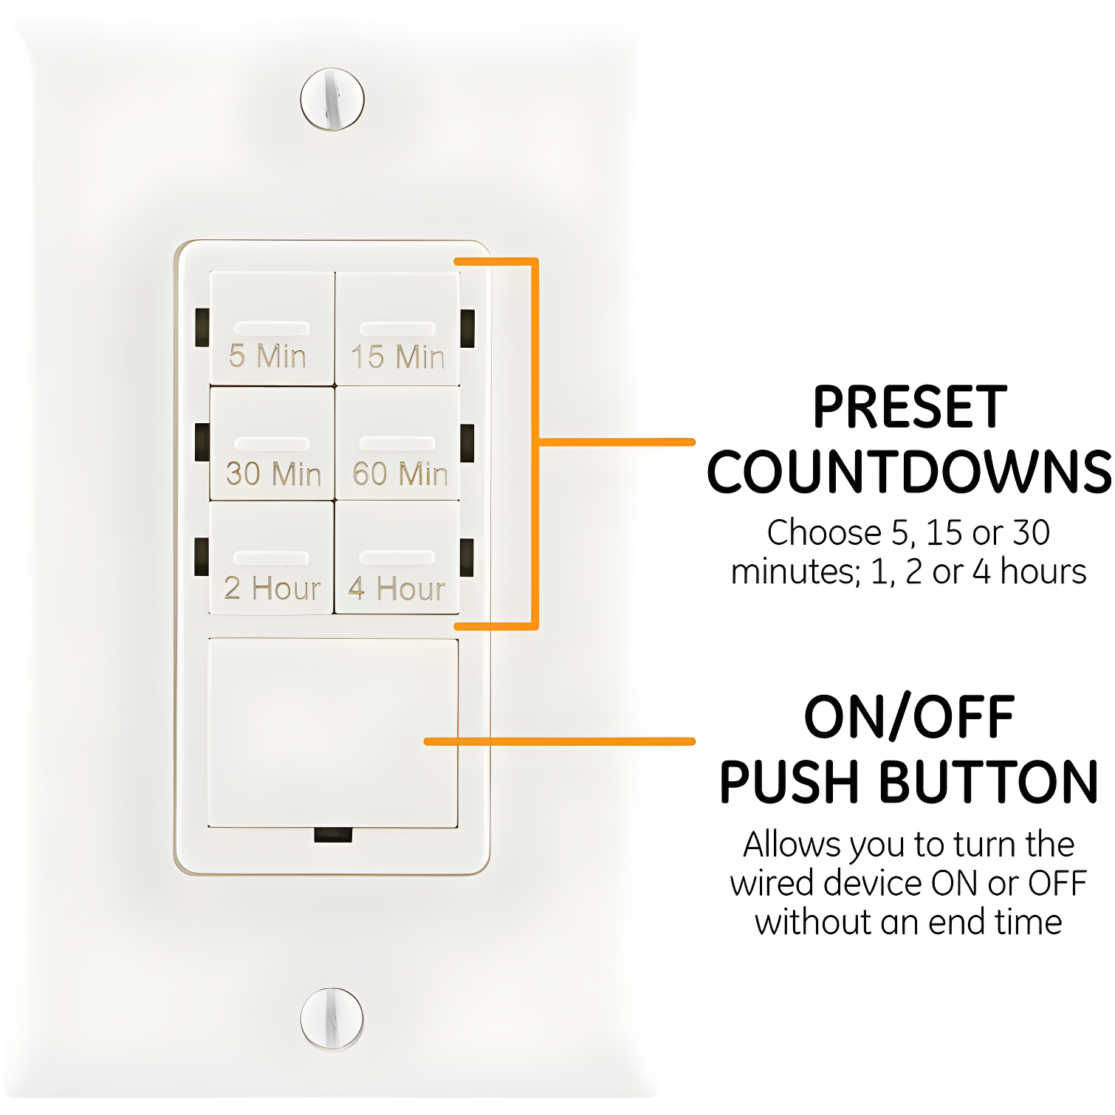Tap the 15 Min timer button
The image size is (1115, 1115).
point(397,329)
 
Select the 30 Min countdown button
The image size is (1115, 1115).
point(272,444)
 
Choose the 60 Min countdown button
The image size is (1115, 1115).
point(397,444)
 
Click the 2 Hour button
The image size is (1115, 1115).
point(272,558)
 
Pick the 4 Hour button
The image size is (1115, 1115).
point(397,558)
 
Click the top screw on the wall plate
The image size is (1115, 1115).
point(332,99)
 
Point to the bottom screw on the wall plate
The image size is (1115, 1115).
point(332,1018)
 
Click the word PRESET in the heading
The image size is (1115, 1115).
point(910,408)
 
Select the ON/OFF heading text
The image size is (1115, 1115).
point(910,717)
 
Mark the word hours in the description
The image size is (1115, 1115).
point(1043,572)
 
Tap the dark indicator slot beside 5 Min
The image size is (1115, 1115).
point(202,328)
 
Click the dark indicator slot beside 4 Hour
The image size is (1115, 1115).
point(467,557)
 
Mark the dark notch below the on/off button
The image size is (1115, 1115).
point(333,835)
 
